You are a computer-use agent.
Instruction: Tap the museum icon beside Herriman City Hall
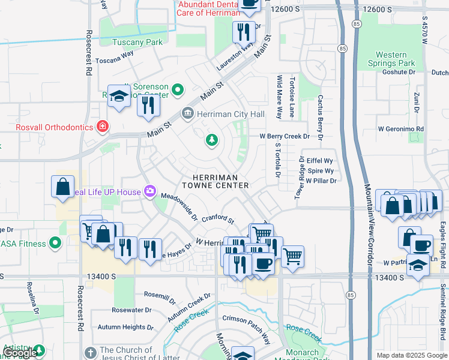click(188, 113)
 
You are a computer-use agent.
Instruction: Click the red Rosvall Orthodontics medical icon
click(103, 127)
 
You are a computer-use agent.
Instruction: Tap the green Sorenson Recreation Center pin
click(177, 91)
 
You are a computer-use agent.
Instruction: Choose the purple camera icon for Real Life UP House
click(150, 192)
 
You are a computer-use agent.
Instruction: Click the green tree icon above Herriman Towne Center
click(211, 140)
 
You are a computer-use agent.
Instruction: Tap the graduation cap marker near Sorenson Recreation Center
click(119, 96)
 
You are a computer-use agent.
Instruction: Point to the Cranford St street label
click(217, 220)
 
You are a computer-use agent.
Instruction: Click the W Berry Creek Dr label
click(284, 136)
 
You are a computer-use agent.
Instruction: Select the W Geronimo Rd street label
click(400, 129)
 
